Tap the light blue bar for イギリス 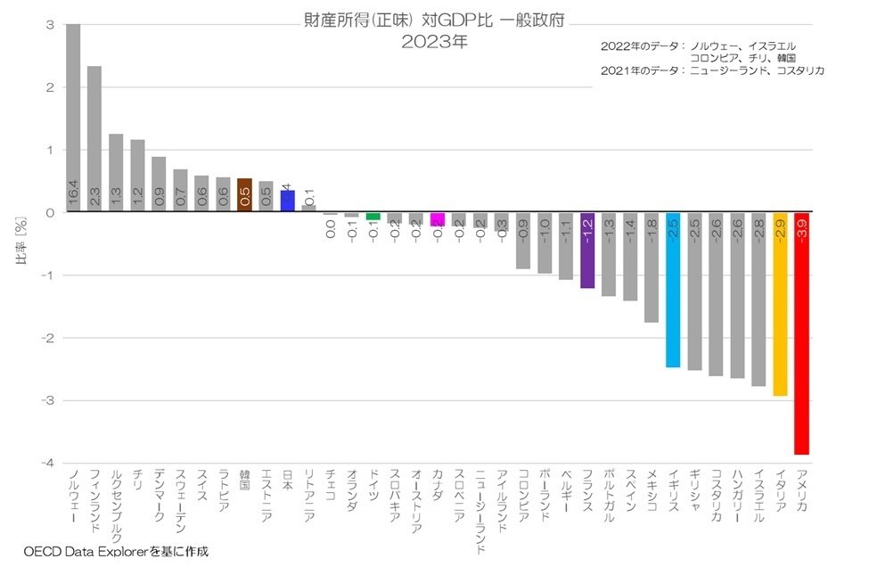click(673, 290)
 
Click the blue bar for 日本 click(287, 201)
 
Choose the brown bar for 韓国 click(244, 195)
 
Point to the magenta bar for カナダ click(437, 219)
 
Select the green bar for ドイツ click(373, 217)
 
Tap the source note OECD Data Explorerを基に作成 click(116, 552)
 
